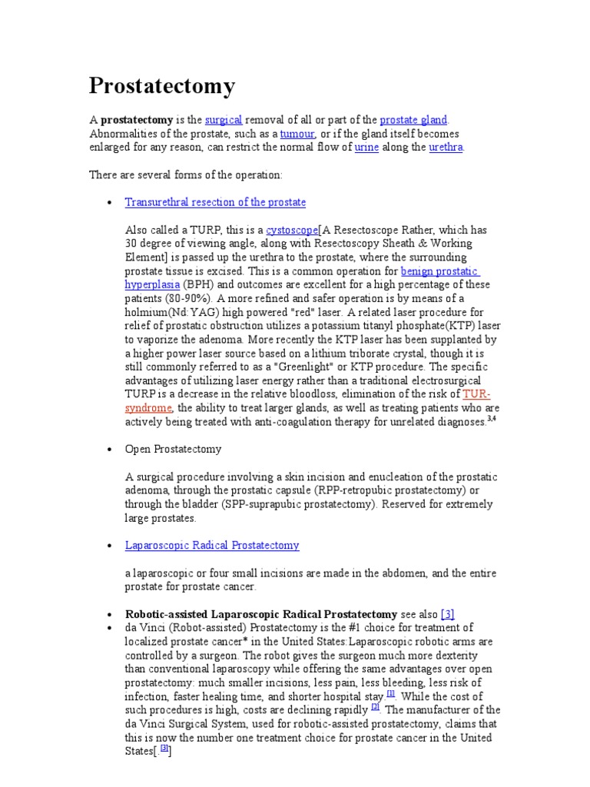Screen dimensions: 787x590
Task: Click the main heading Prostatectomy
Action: pyautogui.click(x=162, y=86)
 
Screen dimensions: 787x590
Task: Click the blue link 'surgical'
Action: pyautogui.click(x=224, y=120)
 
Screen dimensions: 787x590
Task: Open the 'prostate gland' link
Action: pyautogui.click(x=413, y=120)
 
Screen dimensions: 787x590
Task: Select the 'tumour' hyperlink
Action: pyautogui.click(x=297, y=134)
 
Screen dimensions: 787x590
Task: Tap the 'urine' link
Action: pyautogui.click(x=366, y=148)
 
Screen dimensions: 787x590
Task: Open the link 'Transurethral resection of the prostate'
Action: pyautogui.click(x=215, y=202)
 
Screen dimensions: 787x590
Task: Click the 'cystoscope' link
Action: pyautogui.click(x=291, y=230)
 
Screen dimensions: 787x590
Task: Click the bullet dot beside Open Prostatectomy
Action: pyautogui.click(x=109, y=450)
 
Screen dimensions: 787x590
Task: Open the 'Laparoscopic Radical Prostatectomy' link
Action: pyautogui.click(x=212, y=545)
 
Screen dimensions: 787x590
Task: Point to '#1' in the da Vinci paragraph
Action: pyautogui.click(x=337, y=628)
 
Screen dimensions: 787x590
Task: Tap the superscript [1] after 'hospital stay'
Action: pyautogui.click(x=391, y=693)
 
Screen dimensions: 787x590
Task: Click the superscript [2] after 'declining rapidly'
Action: pyautogui.click(x=375, y=707)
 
